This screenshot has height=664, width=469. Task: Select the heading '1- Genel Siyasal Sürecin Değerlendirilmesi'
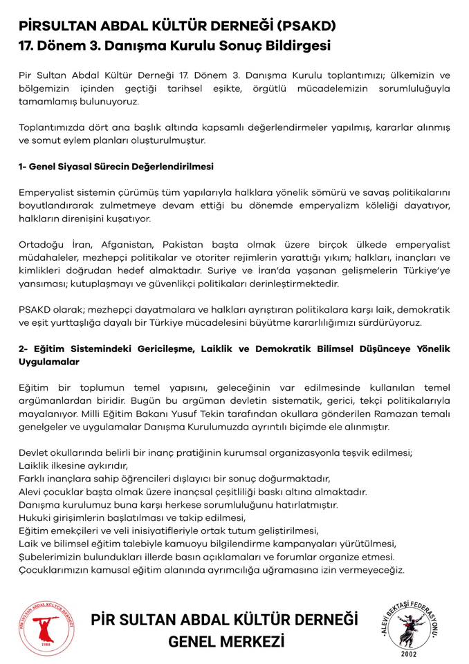point(116,167)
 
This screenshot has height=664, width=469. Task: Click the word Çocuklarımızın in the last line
point(55,570)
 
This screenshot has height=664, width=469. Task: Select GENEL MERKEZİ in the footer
point(226,642)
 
